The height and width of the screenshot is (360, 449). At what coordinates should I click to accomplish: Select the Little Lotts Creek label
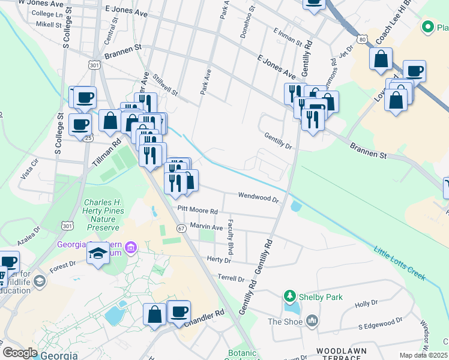coord(399,263)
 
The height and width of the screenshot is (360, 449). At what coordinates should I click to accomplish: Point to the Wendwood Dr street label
coord(259,196)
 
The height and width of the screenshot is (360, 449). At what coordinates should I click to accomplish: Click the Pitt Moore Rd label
coord(197,211)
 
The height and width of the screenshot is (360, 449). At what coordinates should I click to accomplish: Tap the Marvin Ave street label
coord(206,226)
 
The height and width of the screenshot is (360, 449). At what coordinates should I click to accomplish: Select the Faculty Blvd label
coord(230,235)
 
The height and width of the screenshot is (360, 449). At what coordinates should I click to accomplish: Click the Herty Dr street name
coord(218,260)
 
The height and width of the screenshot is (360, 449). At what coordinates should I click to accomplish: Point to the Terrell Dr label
coord(232,279)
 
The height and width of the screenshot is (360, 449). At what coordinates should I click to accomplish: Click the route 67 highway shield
coord(181,229)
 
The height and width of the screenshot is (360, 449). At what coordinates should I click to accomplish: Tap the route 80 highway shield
coord(361,39)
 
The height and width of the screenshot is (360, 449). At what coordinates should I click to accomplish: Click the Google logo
coord(20,353)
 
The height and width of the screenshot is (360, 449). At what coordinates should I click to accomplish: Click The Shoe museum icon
coord(312,322)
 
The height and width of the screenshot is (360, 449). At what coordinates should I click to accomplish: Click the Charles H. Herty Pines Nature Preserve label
coord(104,215)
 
